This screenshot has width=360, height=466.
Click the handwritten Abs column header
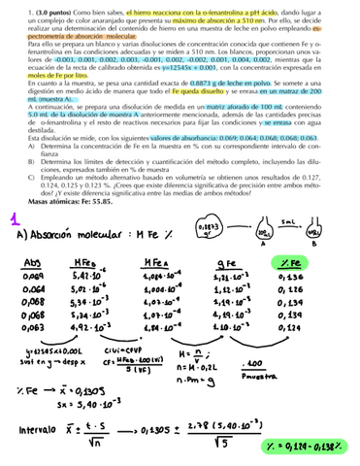(x=32, y=265)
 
